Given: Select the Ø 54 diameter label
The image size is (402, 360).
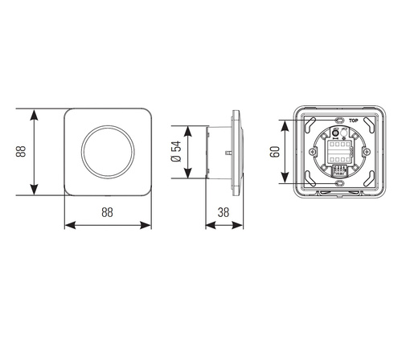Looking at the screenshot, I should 176,152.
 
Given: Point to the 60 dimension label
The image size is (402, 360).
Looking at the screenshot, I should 274,152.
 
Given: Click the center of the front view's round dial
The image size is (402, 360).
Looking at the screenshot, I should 108,152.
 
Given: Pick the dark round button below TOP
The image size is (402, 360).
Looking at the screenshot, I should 338,134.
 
